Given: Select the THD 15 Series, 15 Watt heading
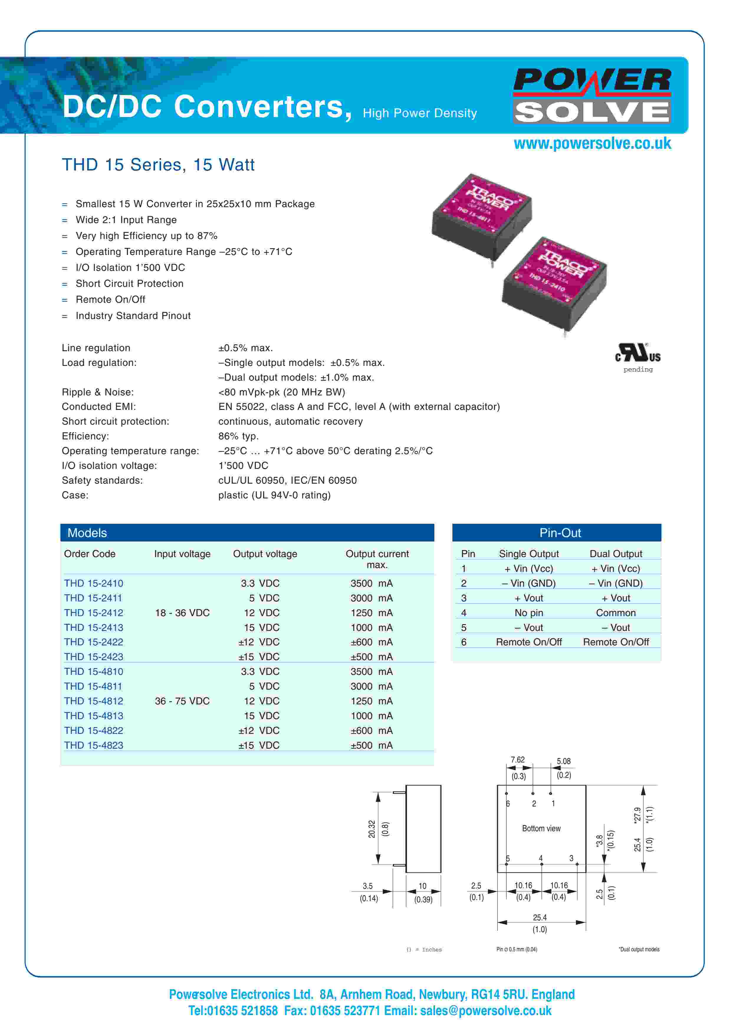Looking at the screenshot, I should coord(158,165).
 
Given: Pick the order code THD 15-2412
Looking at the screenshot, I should coord(94,613).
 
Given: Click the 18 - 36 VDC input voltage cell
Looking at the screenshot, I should coord(182,613).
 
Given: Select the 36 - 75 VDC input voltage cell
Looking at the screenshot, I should coord(182,701).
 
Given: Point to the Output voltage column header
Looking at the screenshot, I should coord(265,554).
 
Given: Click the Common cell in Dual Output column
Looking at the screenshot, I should coord(615,613).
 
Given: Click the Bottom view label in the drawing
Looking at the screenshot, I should coord(541,828).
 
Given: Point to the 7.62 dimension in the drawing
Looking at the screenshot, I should coord(517,760).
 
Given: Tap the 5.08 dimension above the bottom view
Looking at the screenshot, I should coord(563,761).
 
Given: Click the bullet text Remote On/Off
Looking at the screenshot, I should coord(110,300).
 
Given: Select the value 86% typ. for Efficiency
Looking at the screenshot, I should coord(238,436).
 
